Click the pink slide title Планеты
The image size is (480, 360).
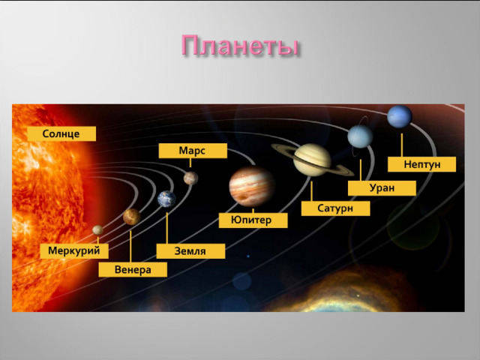tap(240, 46)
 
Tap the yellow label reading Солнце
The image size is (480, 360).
tap(61, 133)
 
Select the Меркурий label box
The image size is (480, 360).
tap(74, 251)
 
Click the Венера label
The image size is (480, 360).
tap(133, 270)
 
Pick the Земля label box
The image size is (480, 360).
tap(190, 251)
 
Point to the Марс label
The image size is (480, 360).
tap(193, 151)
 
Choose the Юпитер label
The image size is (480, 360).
tap(253, 220)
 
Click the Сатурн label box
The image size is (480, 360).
tap(335, 208)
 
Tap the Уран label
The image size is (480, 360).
tap(382, 188)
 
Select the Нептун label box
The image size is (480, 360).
tap(421, 164)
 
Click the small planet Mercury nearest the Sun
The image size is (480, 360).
tap(97, 230)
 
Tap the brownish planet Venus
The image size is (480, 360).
tap(132, 217)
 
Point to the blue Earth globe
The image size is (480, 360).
tap(166, 199)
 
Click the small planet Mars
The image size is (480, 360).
tap(190, 178)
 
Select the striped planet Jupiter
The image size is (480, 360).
tap(252, 187)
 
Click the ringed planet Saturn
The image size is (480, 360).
tap(312, 160)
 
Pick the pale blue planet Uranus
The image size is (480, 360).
tap(360, 136)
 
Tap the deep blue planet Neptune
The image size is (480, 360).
tap(400, 117)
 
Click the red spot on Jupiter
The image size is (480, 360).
tap(244, 197)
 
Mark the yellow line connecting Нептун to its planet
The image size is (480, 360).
tap(402, 145)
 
